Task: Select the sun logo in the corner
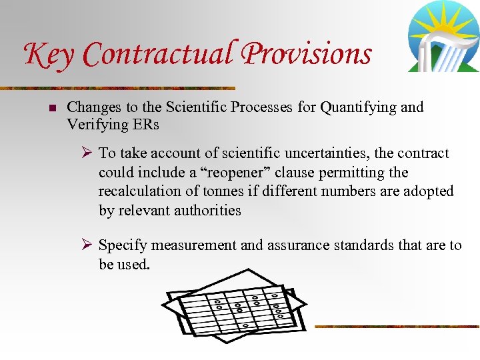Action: [443, 36]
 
